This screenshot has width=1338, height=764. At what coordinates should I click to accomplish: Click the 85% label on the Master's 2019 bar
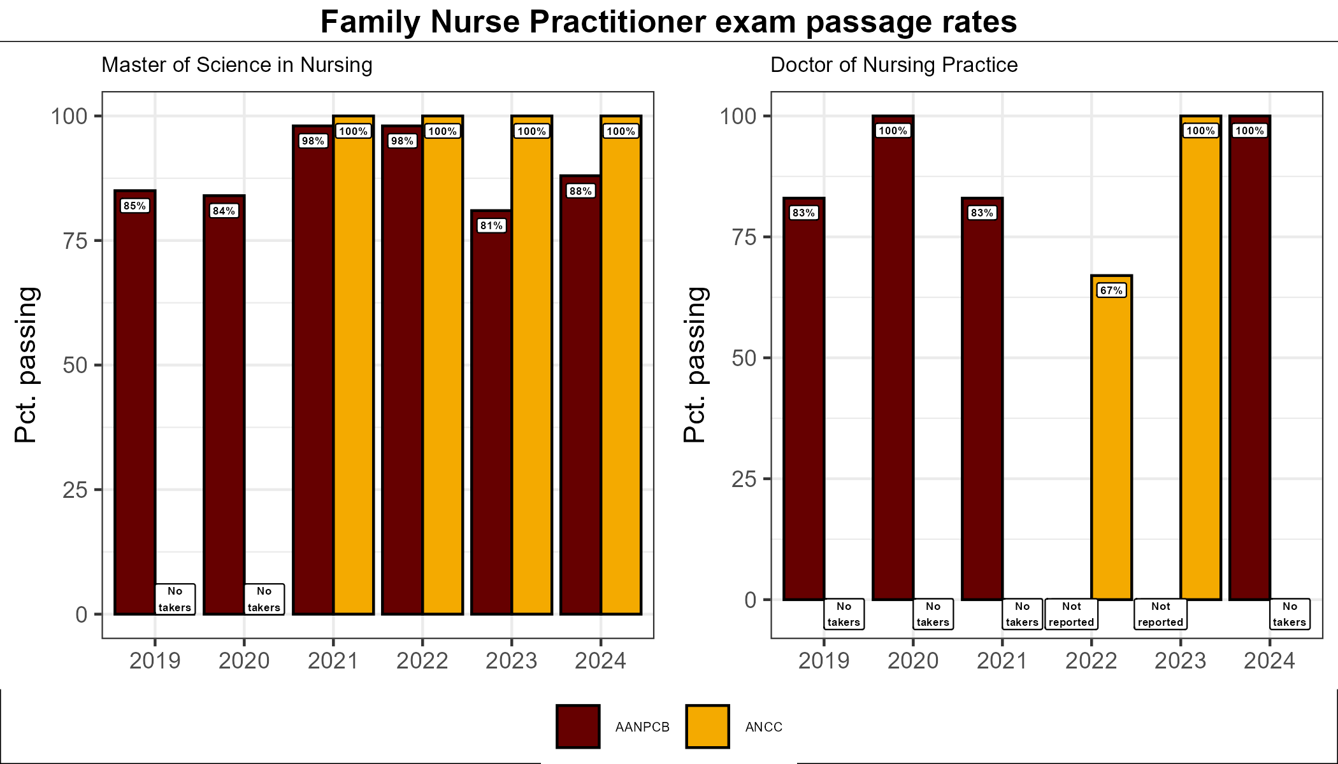(x=134, y=206)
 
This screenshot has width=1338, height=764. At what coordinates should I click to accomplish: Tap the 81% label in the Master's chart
(x=491, y=225)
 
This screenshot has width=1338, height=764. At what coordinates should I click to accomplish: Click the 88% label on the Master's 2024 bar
(x=580, y=191)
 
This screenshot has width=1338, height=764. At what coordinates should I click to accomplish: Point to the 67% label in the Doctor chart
(x=1111, y=290)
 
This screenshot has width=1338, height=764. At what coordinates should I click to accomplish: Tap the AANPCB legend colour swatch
(x=578, y=726)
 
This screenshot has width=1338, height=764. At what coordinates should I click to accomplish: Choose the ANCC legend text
(x=763, y=727)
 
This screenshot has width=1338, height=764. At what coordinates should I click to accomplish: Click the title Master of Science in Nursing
(x=236, y=65)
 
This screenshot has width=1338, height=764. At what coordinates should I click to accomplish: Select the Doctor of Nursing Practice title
(x=894, y=65)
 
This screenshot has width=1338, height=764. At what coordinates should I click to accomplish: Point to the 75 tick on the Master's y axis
(x=75, y=241)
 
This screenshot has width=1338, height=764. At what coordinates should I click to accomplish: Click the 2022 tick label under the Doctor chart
(x=1091, y=661)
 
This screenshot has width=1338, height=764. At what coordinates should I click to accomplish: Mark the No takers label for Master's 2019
(x=175, y=599)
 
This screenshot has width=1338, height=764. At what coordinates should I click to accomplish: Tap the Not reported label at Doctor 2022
(x=1071, y=614)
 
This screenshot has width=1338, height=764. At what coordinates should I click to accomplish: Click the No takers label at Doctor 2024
(x=1290, y=614)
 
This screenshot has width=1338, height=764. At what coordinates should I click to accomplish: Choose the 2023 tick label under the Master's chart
(x=511, y=661)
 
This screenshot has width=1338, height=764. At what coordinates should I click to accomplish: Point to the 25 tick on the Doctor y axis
(x=744, y=479)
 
